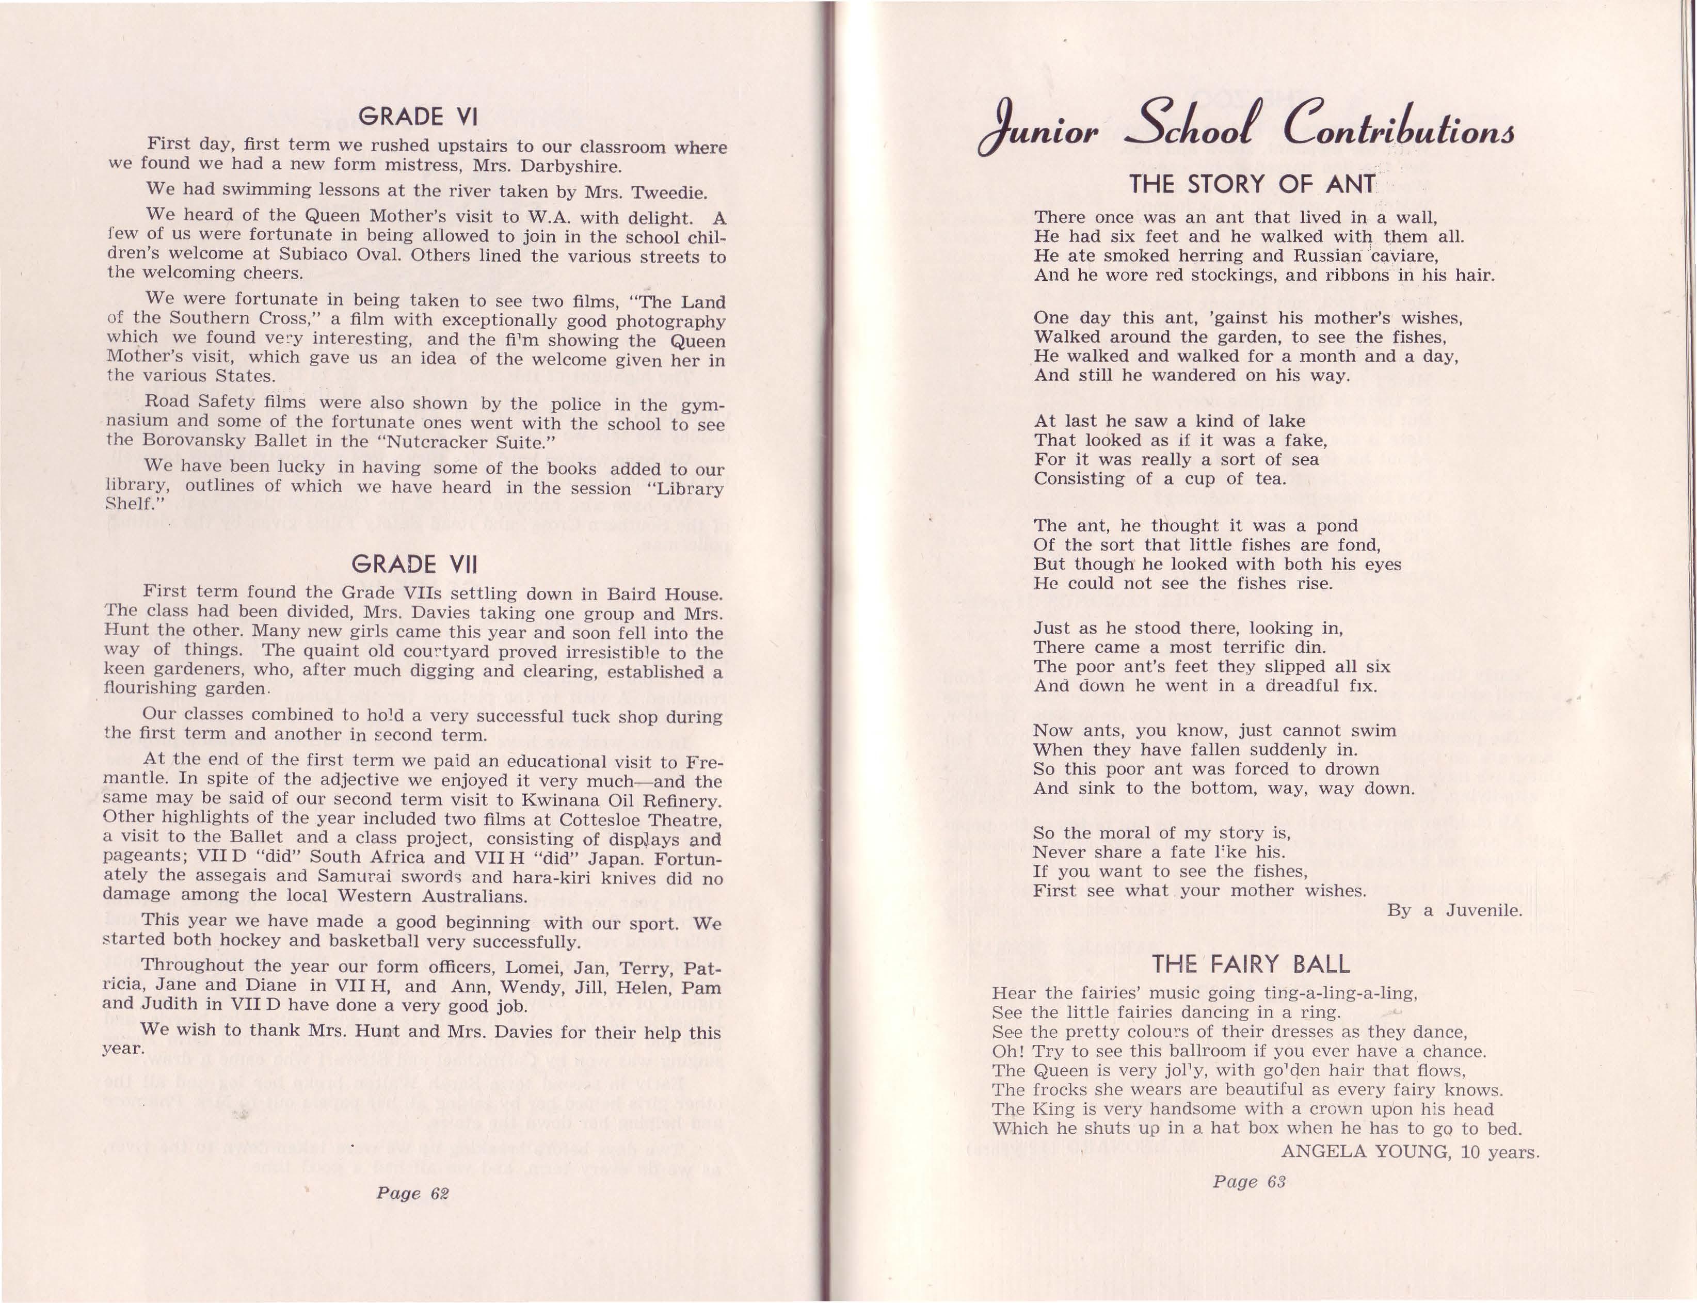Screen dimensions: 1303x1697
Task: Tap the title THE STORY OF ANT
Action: (x=1252, y=185)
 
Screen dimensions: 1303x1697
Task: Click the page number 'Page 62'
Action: (x=412, y=1194)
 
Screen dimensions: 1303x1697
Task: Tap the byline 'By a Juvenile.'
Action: (x=1454, y=910)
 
